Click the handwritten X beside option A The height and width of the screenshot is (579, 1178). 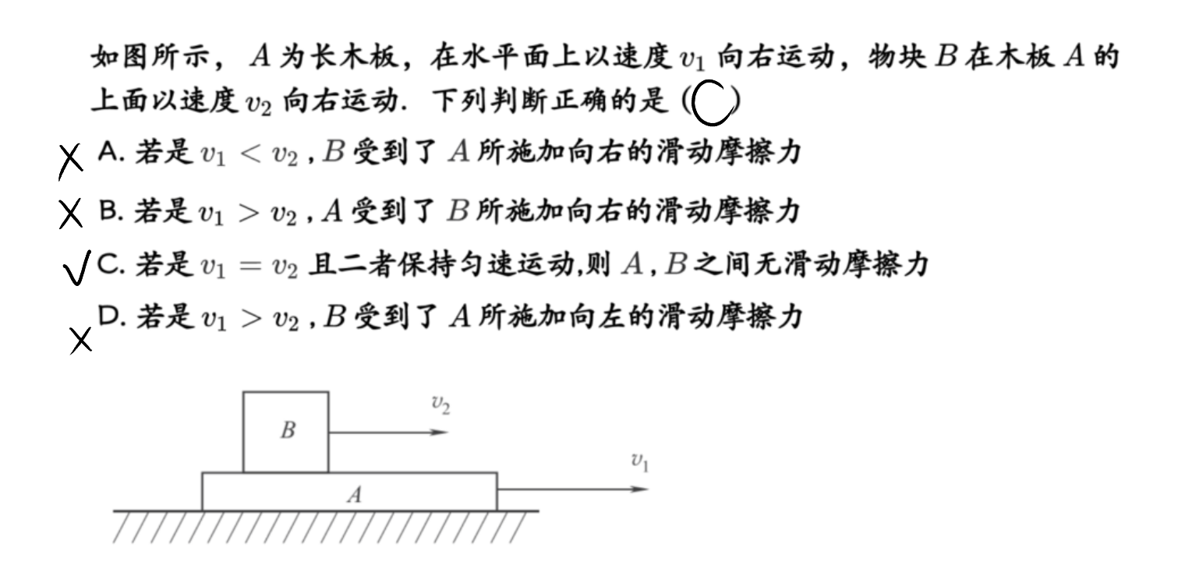tap(70, 161)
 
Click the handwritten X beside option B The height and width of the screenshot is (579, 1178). tap(71, 214)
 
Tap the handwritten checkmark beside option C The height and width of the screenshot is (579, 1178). tap(76, 268)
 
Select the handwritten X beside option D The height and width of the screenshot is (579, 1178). tap(81, 341)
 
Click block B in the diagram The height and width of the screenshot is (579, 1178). tap(286, 432)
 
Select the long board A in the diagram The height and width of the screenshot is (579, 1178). tap(350, 492)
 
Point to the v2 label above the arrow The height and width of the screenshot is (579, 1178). tap(440, 404)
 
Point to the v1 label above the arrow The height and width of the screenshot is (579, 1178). tap(640, 462)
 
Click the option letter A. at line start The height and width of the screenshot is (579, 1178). tap(111, 153)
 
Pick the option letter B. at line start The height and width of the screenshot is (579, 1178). tap(111, 211)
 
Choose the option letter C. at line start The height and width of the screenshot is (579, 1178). tap(111, 264)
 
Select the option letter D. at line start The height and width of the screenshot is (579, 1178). tap(111, 316)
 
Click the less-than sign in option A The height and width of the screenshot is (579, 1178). tap(249, 154)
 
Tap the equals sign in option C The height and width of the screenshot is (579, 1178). tap(249, 266)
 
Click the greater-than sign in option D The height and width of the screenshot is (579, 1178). tap(251, 318)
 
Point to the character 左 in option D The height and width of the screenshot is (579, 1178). tap(612, 316)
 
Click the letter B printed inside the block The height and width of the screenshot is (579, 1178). tap(288, 430)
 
